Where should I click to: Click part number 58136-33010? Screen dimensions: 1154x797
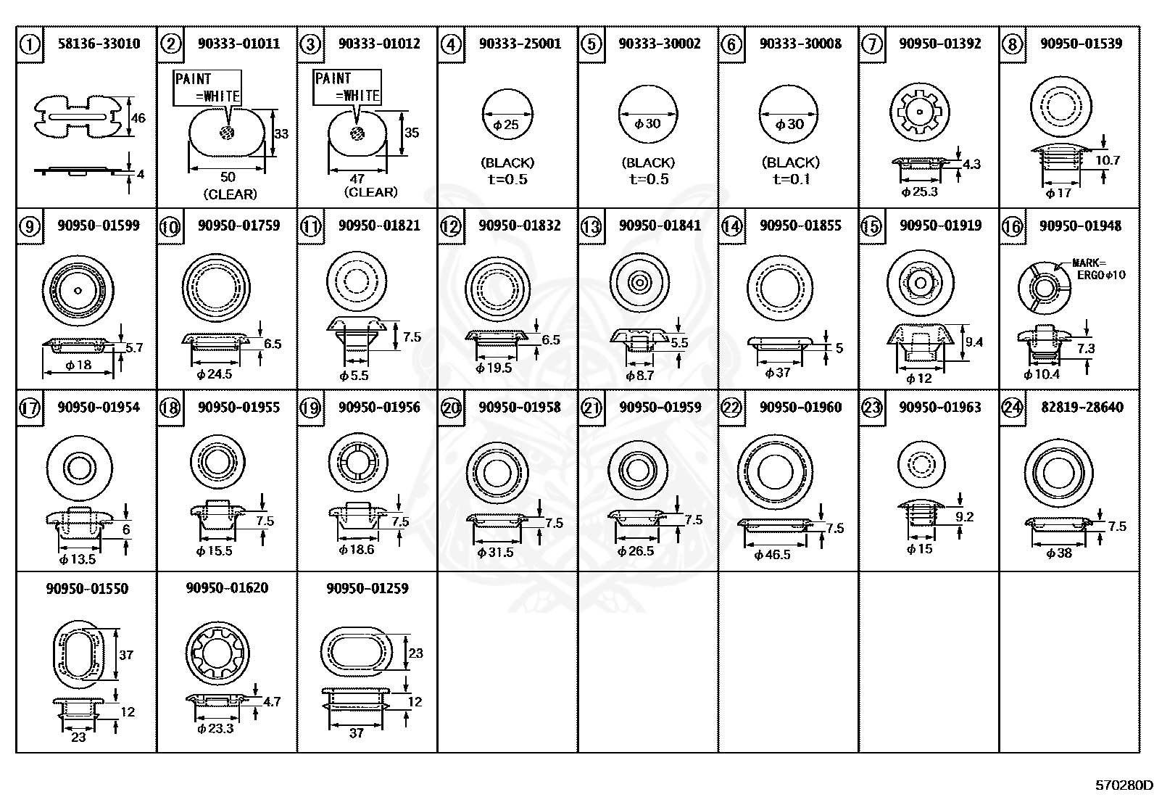coord(99,44)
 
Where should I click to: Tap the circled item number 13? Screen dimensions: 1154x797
coord(591,227)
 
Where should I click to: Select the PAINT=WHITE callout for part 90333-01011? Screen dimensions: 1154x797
coord(207,88)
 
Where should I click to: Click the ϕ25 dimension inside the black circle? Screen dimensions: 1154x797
coord(507,125)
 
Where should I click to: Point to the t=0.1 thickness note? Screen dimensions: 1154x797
coord(790,179)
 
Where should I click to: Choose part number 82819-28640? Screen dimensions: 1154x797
coord(1081,408)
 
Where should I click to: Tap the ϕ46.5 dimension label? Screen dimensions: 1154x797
coord(772,556)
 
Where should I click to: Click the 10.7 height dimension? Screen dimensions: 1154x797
coord(1107,160)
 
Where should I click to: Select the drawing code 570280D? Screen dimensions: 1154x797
coord(1123,785)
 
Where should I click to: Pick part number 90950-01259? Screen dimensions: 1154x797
coord(367,589)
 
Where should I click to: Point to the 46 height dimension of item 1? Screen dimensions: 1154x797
coord(138,117)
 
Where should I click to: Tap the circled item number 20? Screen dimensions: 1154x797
coord(451,408)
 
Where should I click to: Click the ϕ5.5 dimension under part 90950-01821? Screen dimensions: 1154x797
coord(354,376)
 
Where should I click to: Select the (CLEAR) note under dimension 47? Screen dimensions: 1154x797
coord(370,192)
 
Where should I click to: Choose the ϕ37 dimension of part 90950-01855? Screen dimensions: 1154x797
coord(777,373)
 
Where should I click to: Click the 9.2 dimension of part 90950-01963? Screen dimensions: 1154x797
coord(964,517)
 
